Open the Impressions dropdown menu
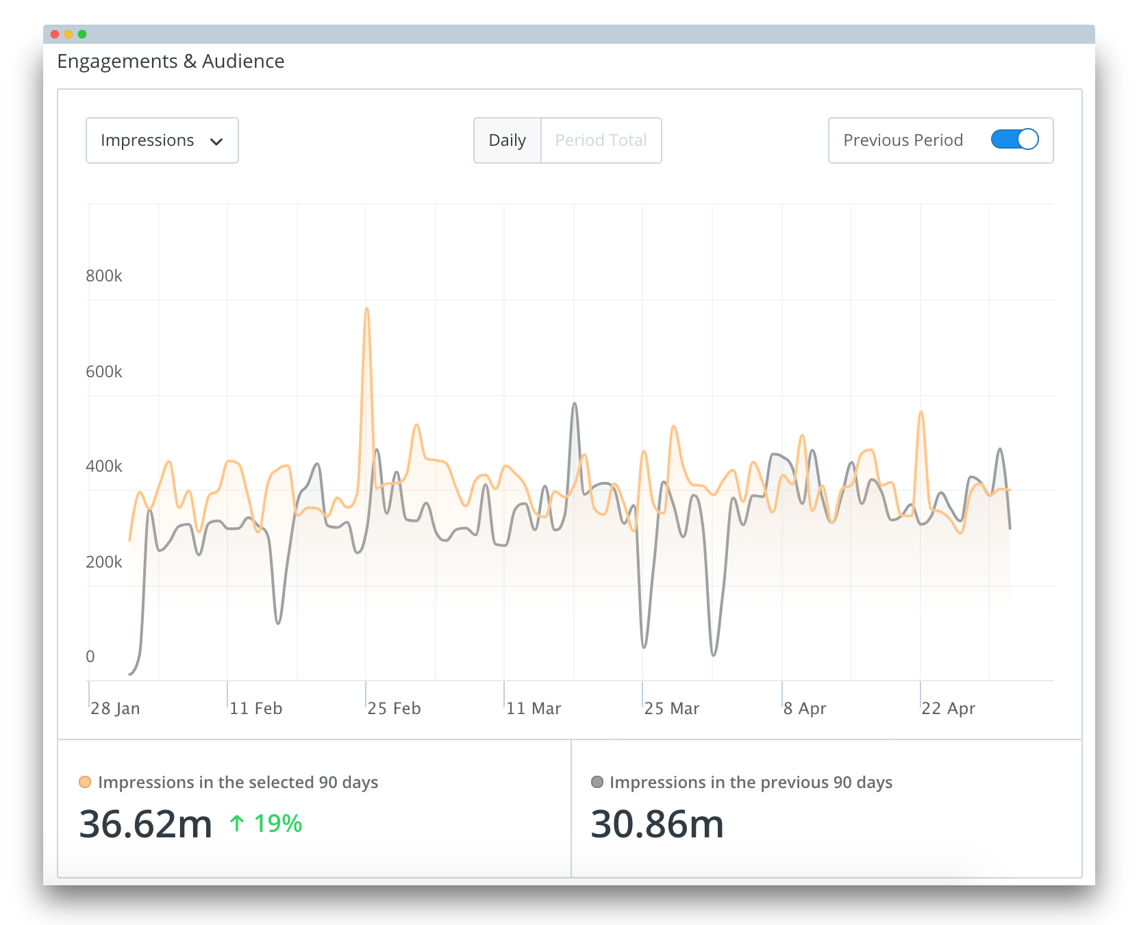click(x=162, y=140)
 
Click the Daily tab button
click(x=507, y=140)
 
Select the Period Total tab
click(x=601, y=140)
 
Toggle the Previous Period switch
click(x=1014, y=140)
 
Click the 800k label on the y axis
click(x=104, y=276)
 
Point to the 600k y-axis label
click(x=104, y=372)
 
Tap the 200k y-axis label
click(x=104, y=562)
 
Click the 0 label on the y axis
click(x=90, y=657)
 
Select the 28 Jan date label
click(x=115, y=709)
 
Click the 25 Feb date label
click(x=394, y=709)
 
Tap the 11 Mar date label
click(x=534, y=709)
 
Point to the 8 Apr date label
click(x=805, y=709)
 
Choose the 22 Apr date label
click(x=948, y=709)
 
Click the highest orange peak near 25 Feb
click(x=367, y=309)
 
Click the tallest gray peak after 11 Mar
click(x=575, y=405)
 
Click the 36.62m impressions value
click(x=146, y=824)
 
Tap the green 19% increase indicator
click(x=266, y=824)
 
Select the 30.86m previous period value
click(x=657, y=824)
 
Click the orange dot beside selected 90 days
click(x=85, y=782)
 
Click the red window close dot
click(x=55, y=34)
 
